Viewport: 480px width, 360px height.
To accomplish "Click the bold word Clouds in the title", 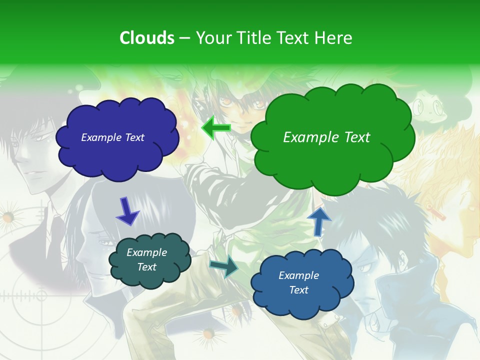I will [x=146, y=38].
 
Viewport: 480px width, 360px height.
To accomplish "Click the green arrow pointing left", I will [x=216, y=128].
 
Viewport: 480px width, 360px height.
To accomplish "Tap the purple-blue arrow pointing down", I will [x=127, y=211].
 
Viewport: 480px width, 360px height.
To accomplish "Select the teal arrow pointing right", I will [x=223, y=266].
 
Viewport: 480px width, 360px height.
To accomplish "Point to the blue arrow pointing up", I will [x=318, y=221].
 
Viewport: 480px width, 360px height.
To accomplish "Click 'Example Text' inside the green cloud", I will [x=326, y=137].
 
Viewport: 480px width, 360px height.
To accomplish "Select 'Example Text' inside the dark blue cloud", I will [x=112, y=137].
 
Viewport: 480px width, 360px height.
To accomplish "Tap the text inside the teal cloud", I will [x=146, y=260].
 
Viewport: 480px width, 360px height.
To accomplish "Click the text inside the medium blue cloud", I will [x=298, y=282].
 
